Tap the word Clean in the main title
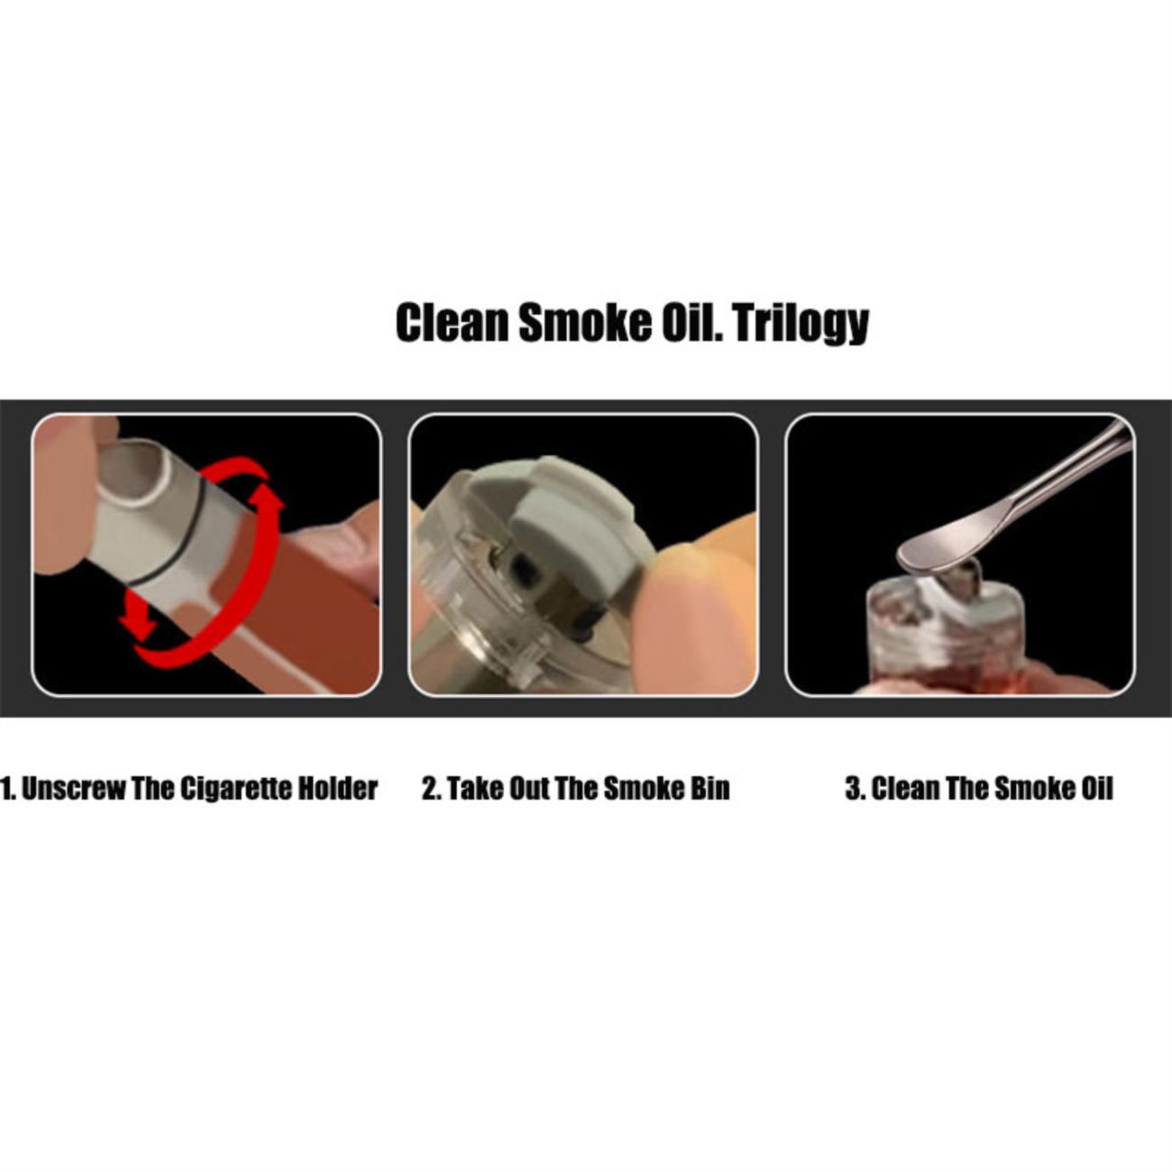click(452, 323)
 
